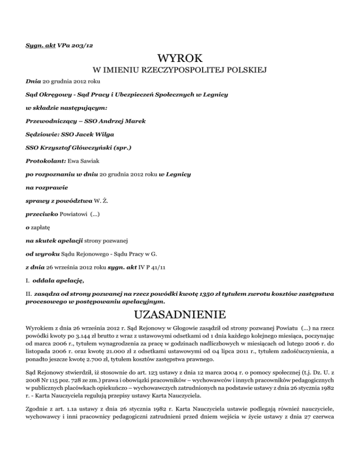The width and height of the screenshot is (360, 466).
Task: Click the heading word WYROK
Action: point(180,59)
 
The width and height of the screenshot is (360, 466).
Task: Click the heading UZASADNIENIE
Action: point(180,313)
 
